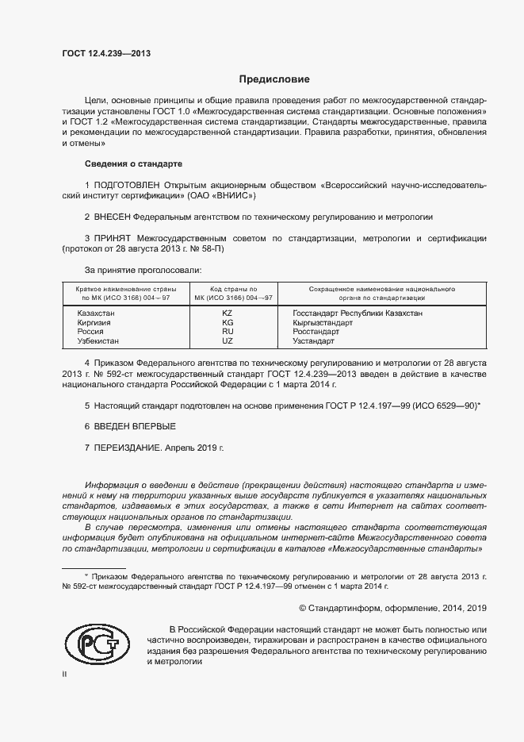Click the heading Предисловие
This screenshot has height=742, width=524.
point(275,79)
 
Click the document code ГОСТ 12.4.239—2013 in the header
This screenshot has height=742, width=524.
point(105,54)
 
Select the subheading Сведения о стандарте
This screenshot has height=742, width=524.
point(133,163)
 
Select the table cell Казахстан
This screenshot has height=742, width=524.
point(96,313)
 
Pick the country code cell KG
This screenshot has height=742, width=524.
point(228,323)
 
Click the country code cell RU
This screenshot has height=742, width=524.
point(228,332)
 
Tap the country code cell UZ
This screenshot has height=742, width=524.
point(228,340)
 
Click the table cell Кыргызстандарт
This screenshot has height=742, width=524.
point(321,323)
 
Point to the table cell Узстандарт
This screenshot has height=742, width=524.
point(313,340)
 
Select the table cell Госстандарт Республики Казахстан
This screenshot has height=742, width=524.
point(357,313)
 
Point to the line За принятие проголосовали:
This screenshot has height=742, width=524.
point(136,269)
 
